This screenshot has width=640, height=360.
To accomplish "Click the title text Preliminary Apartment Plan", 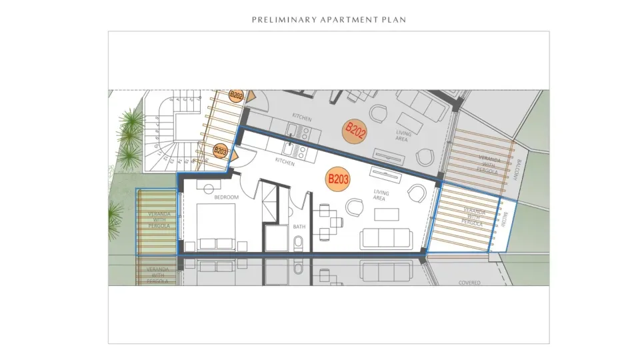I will (329, 19).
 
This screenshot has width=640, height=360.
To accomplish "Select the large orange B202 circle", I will (355, 131).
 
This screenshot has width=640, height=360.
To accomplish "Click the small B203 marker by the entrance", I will (221, 151).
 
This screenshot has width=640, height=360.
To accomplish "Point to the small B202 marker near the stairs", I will (236, 95).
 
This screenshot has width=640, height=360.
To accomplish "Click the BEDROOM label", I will (226, 197).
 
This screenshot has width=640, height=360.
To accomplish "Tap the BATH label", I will (299, 227).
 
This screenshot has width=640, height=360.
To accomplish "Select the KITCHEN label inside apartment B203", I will (285, 162).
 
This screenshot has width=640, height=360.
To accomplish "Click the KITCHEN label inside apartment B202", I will (301, 118).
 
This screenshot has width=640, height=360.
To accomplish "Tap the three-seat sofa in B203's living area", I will (385, 239).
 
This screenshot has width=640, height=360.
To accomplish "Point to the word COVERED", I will (469, 283).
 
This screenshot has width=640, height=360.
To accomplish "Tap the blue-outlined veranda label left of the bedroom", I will (159, 220).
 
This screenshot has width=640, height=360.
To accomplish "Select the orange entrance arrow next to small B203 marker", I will (235, 155).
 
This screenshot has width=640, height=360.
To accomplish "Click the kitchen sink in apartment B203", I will (291, 148).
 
